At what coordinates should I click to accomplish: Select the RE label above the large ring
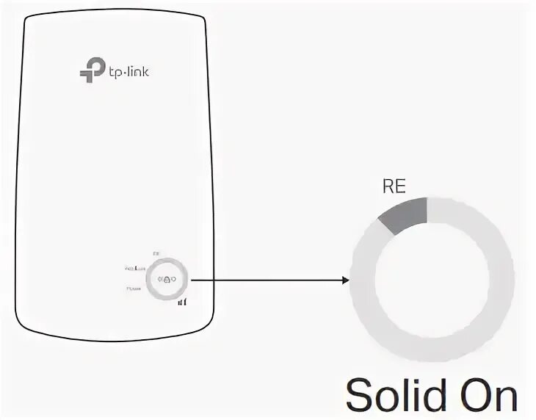[x=394, y=187]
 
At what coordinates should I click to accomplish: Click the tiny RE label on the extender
[x=156, y=253]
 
